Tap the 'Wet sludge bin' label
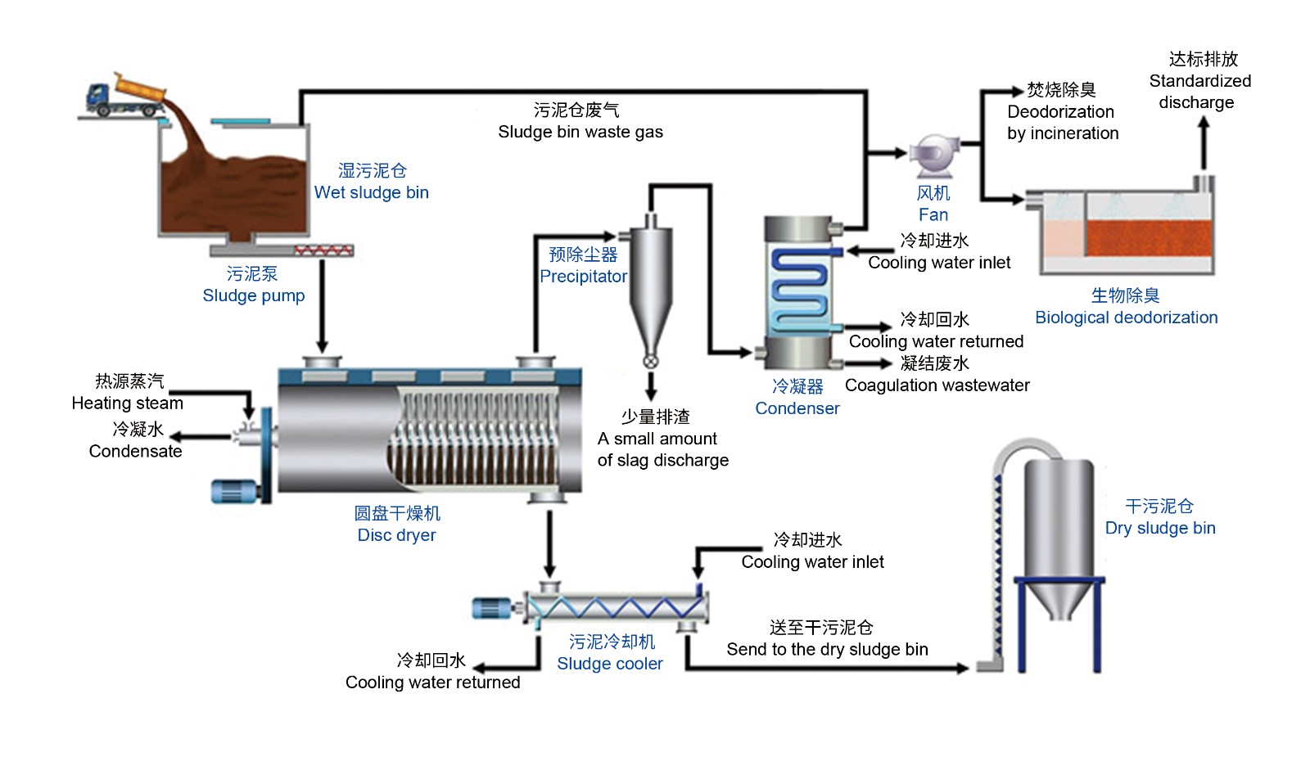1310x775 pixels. (x=372, y=192)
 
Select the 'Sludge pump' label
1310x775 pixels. (x=254, y=295)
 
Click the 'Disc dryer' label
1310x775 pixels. (x=397, y=535)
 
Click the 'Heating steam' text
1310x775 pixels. (x=128, y=403)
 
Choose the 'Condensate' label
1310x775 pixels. (x=136, y=451)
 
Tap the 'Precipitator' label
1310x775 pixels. (x=584, y=277)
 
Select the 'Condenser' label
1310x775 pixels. (x=797, y=408)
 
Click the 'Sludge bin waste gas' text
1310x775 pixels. (x=580, y=132)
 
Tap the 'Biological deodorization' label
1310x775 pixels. (x=1127, y=318)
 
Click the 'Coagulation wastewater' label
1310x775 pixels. (x=937, y=385)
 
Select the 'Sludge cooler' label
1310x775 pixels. (x=610, y=664)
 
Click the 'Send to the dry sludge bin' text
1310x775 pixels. (x=828, y=650)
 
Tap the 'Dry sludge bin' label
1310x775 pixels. (x=1160, y=528)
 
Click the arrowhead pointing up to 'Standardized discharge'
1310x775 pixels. (x=1204, y=124)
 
